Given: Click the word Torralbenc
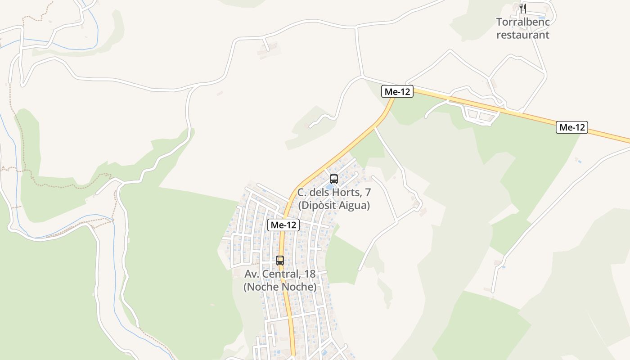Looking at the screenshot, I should click(522, 22).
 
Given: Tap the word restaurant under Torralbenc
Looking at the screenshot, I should click(522, 35).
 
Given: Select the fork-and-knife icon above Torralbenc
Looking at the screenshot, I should click(522, 8).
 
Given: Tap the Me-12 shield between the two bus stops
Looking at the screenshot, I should click(283, 225).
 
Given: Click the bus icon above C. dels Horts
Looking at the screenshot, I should click(333, 179).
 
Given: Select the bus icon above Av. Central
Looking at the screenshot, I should click(280, 260).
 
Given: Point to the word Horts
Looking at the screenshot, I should click(347, 193).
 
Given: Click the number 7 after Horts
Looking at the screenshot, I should click(368, 193).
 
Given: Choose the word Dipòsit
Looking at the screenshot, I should click(320, 206).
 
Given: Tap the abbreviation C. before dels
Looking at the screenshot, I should click(302, 193).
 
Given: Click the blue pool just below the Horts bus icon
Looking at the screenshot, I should click(329, 186).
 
